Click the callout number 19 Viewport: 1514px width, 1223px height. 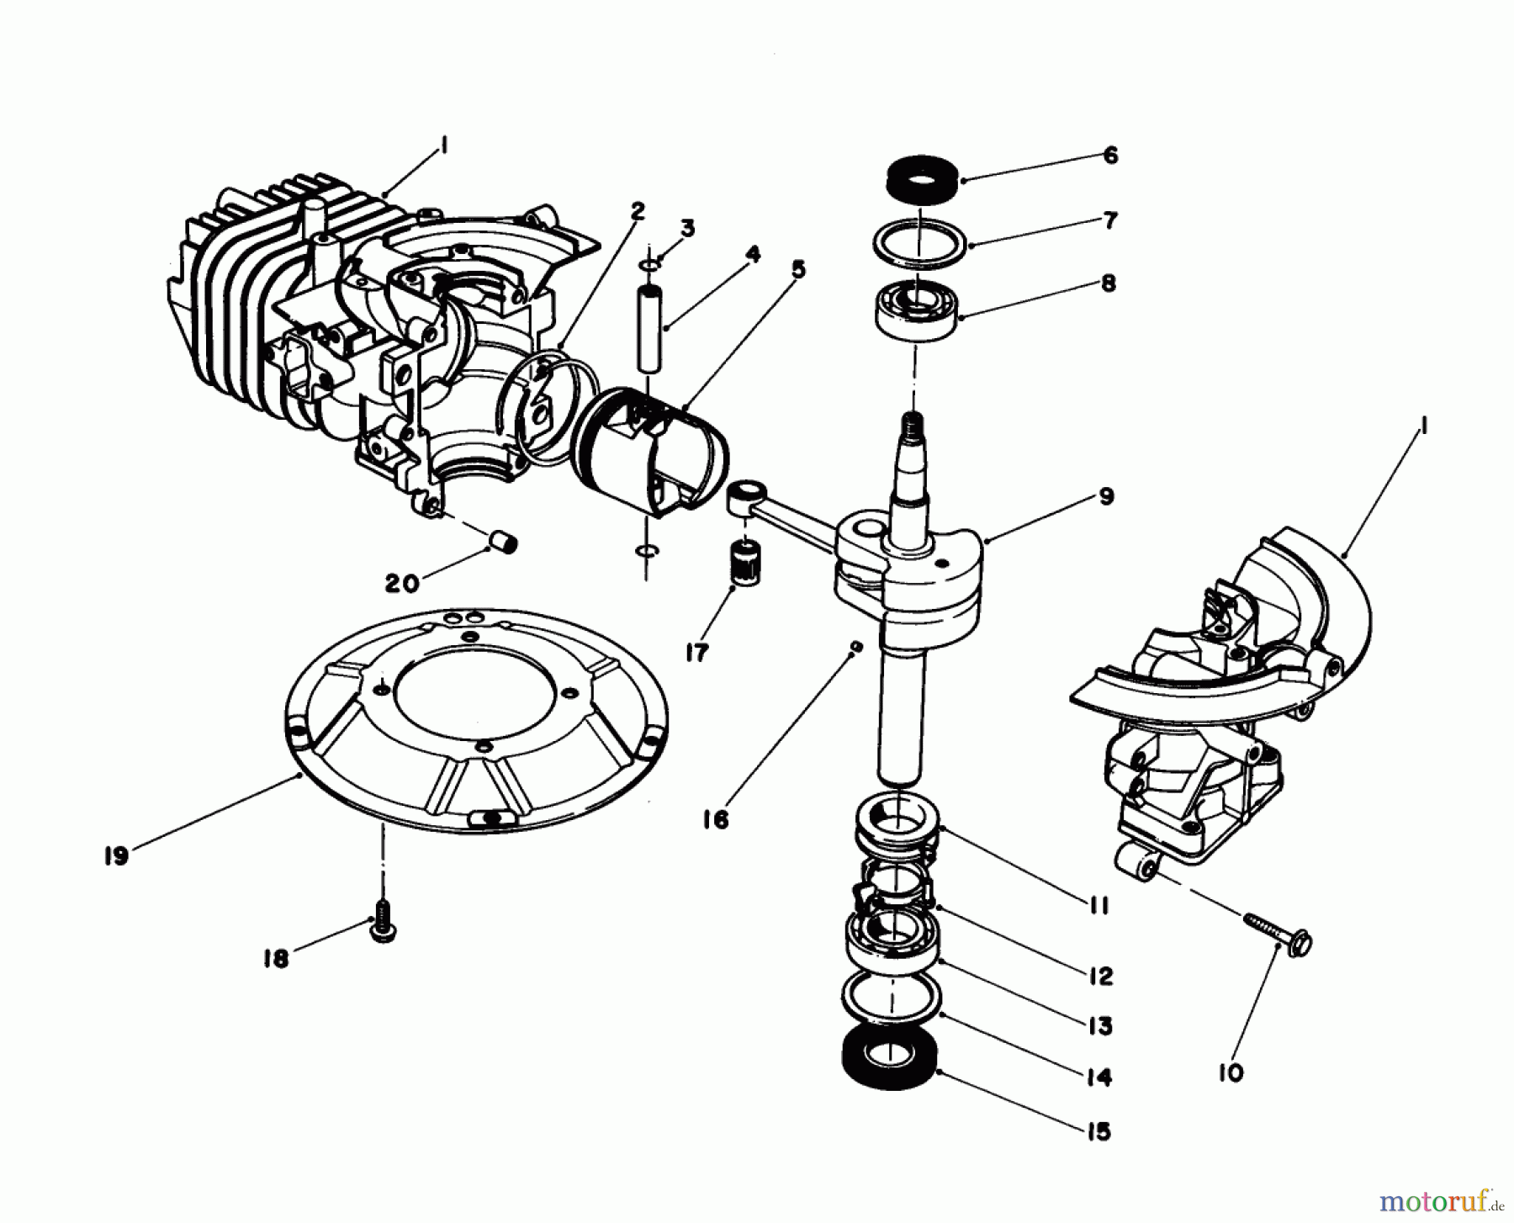click(116, 856)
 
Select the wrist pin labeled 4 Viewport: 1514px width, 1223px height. click(648, 328)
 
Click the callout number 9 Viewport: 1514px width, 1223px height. click(1106, 496)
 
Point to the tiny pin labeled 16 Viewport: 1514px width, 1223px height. click(855, 647)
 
